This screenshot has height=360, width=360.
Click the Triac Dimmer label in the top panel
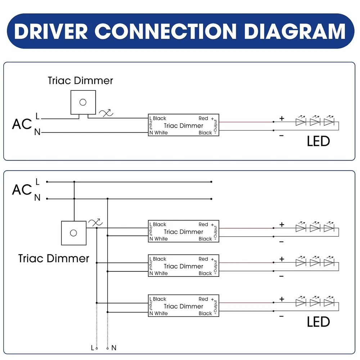(x=80, y=80)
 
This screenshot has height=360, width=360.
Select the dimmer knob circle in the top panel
(x=83, y=102)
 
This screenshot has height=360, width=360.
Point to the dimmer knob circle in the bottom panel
(x=73, y=233)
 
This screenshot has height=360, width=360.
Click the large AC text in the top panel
(x=22, y=124)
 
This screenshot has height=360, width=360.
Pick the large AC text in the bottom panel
(x=22, y=190)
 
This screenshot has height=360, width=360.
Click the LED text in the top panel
(x=318, y=141)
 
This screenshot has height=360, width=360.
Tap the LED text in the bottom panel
(x=318, y=322)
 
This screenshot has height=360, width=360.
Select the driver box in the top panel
(x=184, y=125)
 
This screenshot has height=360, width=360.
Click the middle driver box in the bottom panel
(x=184, y=266)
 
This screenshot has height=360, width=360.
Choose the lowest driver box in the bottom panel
(x=184, y=306)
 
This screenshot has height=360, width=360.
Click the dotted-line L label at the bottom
(x=93, y=348)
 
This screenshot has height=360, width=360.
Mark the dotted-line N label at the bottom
(x=114, y=348)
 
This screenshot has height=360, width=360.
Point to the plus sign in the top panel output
(x=282, y=118)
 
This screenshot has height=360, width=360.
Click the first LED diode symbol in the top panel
(x=301, y=121)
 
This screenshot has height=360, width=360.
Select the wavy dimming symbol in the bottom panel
(x=95, y=222)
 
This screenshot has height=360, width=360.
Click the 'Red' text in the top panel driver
(x=203, y=118)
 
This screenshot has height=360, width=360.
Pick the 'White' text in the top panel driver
(x=161, y=132)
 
